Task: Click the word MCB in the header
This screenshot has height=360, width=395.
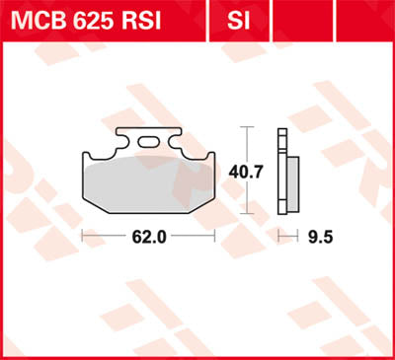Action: coord(37,18)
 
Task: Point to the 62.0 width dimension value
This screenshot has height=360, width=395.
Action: coord(147,237)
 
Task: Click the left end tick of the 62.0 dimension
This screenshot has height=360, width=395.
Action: coord(81,237)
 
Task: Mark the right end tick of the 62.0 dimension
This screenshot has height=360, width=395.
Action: coord(215,237)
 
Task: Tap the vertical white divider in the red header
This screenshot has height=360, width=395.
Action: coord(210,18)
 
